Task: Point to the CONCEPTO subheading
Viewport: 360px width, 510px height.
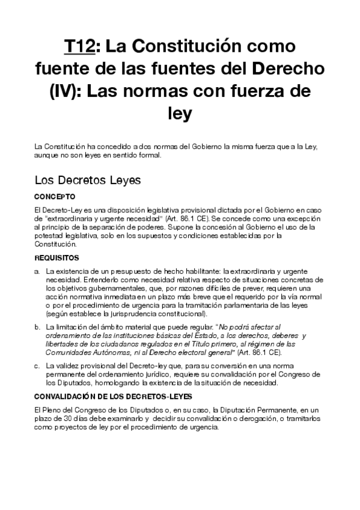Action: (x=55, y=196)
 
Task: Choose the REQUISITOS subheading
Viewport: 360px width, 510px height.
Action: (x=58, y=257)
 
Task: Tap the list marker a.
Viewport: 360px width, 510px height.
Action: (x=38, y=271)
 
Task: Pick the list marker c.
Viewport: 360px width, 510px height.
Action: (x=38, y=365)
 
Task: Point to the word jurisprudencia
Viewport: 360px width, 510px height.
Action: (x=129, y=314)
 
